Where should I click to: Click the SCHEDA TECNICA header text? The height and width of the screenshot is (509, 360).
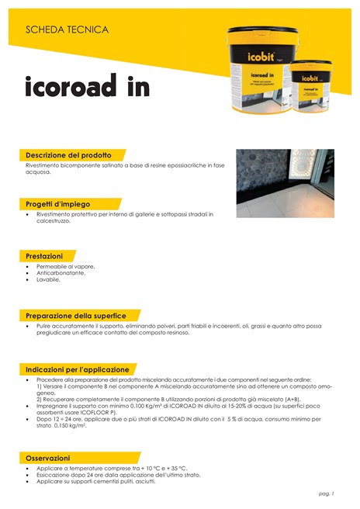click(x=67, y=29)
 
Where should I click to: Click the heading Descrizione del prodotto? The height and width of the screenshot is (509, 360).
click(x=68, y=155)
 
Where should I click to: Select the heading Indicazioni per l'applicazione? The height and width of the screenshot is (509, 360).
click(x=78, y=369)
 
